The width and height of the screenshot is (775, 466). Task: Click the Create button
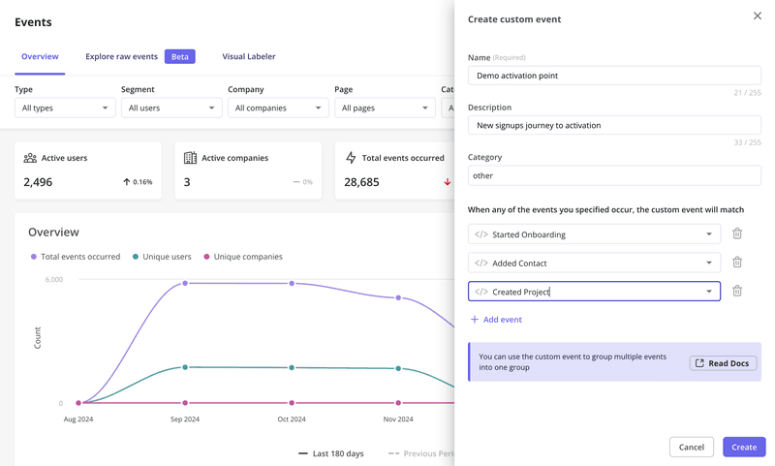[x=743, y=447]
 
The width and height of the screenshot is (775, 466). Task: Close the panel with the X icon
[x=758, y=16]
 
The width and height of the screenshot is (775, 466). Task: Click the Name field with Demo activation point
[x=613, y=76]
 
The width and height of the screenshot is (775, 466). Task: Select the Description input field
[x=613, y=125]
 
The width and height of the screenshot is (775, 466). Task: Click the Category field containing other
[x=613, y=175]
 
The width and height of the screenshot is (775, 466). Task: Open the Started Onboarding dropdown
[x=594, y=234]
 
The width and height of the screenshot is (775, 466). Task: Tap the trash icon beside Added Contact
[x=737, y=263]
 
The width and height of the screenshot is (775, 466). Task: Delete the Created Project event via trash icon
[x=737, y=292]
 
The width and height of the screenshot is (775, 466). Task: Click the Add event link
[x=496, y=320]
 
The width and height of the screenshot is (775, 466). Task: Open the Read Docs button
[x=723, y=363]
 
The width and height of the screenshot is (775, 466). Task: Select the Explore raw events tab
[x=121, y=57]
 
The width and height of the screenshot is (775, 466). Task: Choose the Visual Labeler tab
[x=249, y=57]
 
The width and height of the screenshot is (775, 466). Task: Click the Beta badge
[x=180, y=57]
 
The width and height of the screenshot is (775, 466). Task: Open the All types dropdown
[x=65, y=108]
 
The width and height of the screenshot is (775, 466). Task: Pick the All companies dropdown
[x=278, y=108]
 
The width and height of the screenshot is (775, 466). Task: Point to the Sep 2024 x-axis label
[x=185, y=419]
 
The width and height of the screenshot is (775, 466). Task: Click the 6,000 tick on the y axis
[x=53, y=280]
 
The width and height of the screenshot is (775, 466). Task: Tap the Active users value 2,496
[x=38, y=182]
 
